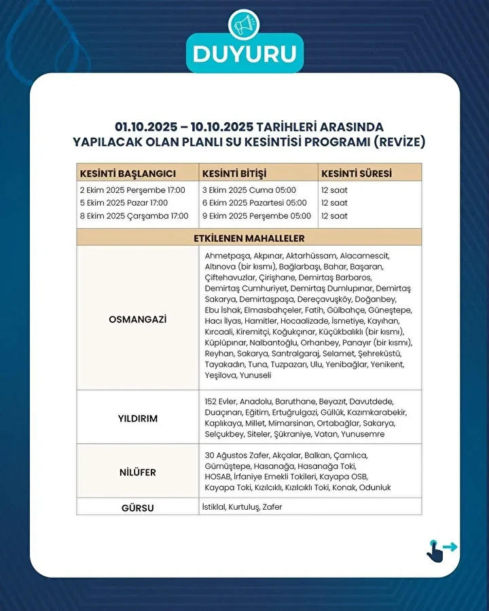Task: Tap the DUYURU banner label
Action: (x=244, y=54)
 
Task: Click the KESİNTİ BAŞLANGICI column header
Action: (x=128, y=173)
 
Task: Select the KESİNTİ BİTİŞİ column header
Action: (x=234, y=173)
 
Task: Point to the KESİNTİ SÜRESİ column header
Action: (x=356, y=173)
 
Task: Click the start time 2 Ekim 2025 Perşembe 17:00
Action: (x=133, y=190)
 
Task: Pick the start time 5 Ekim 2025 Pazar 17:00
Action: (x=124, y=203)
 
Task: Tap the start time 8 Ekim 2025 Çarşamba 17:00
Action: (x=134, y=216)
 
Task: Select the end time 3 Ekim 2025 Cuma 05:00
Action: (x=249, y=190)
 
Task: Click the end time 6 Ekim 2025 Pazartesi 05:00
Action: (x=254, y=203)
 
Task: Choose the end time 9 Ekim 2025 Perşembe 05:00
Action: (x=256, y=216)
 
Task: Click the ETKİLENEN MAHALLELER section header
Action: (x=249, y=238)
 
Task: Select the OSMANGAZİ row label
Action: (x=137, y=318)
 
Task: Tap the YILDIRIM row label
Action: (x=137, y=419)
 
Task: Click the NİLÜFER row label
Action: (x=137, y=472)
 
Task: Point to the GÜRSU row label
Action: (x=137, y=508)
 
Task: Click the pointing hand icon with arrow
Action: (x=439, y=550)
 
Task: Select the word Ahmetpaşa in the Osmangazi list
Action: (x=226, y=255)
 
